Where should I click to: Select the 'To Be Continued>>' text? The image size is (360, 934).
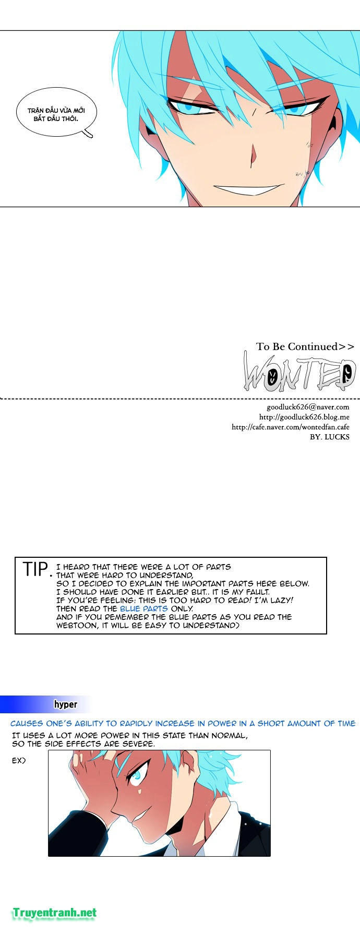[x=305, y=346]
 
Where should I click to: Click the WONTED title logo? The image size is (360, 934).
[x=300, y=373]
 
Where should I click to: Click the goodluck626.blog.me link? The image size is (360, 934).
[x=304, y=417]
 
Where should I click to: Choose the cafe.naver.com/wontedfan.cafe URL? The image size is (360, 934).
[x=291, y=427]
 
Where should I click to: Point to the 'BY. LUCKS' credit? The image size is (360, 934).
[x=330, y=437]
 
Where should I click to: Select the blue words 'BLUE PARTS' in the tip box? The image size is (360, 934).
[x=144, y=608]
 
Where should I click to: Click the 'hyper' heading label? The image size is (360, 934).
[x=66, y=704]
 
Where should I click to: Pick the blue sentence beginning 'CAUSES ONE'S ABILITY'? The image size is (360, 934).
[x=183, y=724]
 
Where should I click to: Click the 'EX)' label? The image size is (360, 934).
[x=19, y=761]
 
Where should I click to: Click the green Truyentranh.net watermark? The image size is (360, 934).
[x=55, y=913]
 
